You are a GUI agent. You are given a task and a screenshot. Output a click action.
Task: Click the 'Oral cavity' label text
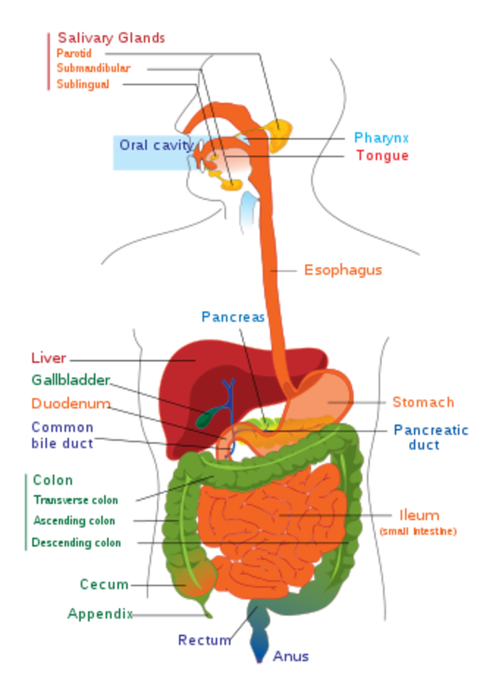click(x=156, y=144)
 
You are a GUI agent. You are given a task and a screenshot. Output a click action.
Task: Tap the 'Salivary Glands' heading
click(x=111, y=39)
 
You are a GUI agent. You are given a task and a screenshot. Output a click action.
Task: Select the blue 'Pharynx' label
click(x=381, y=138)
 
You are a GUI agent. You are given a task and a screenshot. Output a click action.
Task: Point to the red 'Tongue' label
click(x=382, y=156)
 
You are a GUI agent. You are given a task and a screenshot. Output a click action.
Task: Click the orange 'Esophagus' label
click(x=343, y=269)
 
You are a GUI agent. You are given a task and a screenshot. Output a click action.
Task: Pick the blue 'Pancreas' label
click(x=233, y=317)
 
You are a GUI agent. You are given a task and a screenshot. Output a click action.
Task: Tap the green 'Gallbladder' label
click(x=70, y=379)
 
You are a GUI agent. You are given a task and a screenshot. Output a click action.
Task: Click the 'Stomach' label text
click(x=423, y=401)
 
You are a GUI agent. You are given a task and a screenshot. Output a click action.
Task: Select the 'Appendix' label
click(x=100, y=614)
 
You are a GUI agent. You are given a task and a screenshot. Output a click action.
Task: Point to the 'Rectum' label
click(x=205, y=640)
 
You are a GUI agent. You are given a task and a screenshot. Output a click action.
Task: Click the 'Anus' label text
click(x=290, y=656)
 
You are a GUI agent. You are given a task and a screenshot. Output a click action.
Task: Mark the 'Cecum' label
click(x=104, y=584)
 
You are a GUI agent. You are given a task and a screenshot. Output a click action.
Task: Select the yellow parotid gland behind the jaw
click(x=278, y=134)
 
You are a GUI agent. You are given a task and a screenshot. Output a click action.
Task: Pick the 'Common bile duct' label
click(x=62, y=435)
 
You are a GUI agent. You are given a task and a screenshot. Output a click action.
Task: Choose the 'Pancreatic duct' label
click(x=430, y=437)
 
